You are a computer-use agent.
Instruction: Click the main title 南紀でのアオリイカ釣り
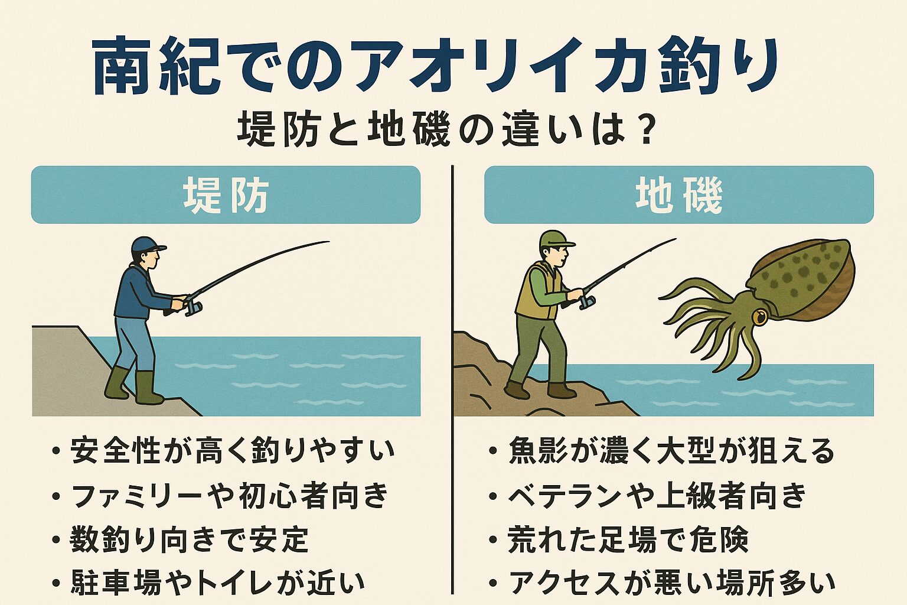[434, 66]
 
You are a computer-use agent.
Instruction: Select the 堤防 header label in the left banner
[226, 196]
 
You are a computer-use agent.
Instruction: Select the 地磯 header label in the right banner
[678, 196]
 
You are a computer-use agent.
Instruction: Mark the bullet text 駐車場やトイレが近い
[217, 583]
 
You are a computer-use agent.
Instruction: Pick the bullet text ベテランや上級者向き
[657, 496]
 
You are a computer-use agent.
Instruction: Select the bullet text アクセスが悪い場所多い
[671, 583]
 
